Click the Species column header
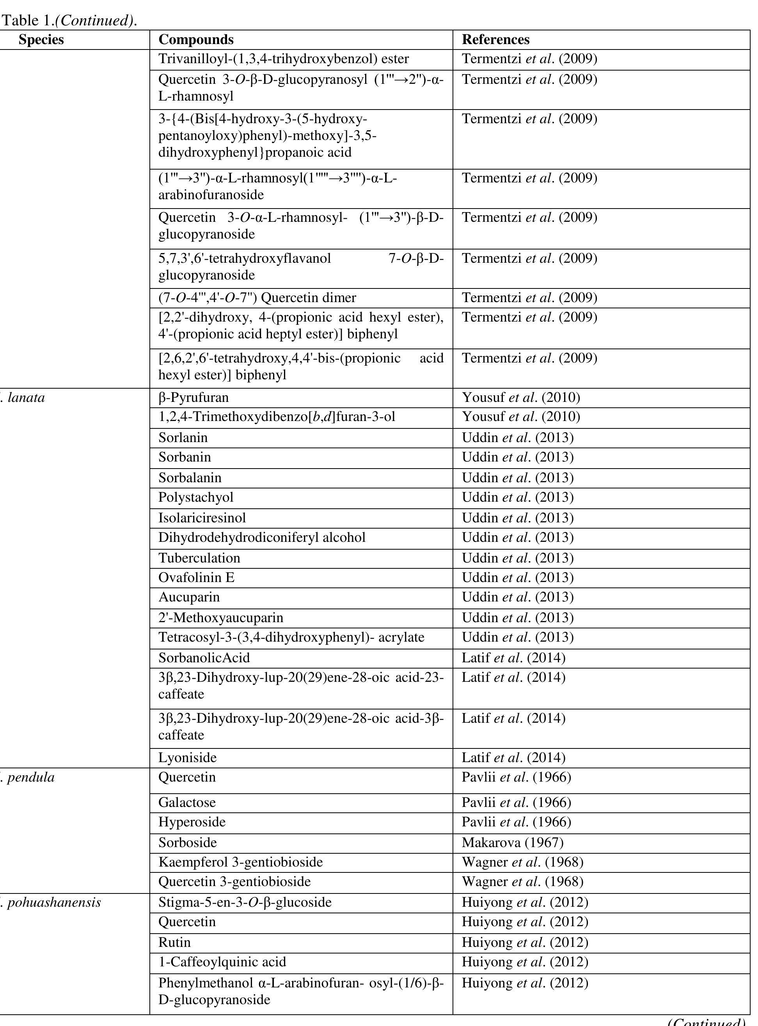(41, 40)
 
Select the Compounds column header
(196, 40)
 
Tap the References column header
(495, 40)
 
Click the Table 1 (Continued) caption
(70, 20)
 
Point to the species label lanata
(26, 398)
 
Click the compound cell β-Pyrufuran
(193, 398)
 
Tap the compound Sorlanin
(183, 437)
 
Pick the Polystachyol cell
(196, 497)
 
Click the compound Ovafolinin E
(196, 577)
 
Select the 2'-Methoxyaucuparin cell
(221, 617)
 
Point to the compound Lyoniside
(187, 757)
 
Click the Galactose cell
(187, 802)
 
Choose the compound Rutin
(174, 942)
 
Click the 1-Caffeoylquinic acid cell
(222, 962)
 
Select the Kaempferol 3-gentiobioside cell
(240, 862)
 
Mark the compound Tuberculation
(199, 558)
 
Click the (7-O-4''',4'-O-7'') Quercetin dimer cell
(257, 298)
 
